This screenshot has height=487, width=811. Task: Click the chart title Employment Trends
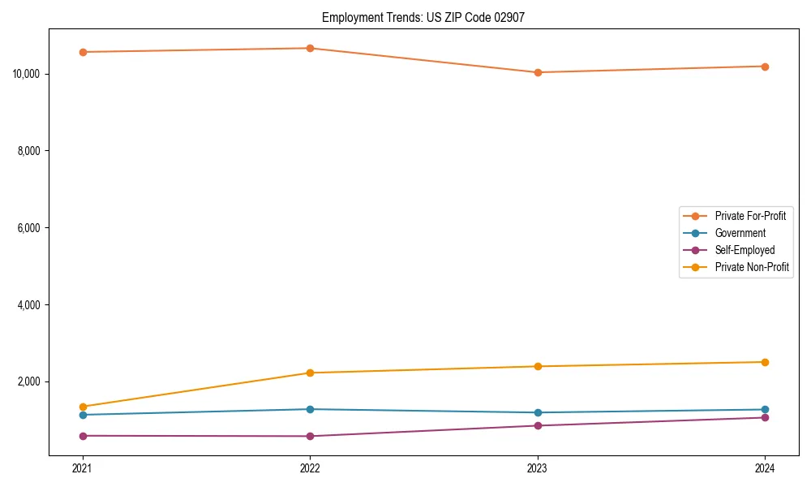tap(423, 17)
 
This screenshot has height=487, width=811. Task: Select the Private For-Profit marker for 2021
tap(83, 52)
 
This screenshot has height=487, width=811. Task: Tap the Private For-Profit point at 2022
tap(310, 48)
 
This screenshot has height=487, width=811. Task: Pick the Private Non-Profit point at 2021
tap(83, 407)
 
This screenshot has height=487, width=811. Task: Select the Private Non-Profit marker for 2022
tap(310, 373)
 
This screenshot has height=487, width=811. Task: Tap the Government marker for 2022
tap(310, 409)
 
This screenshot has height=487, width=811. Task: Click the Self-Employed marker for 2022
tap(310, 436)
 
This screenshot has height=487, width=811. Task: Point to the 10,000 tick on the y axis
tap(27, 74)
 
